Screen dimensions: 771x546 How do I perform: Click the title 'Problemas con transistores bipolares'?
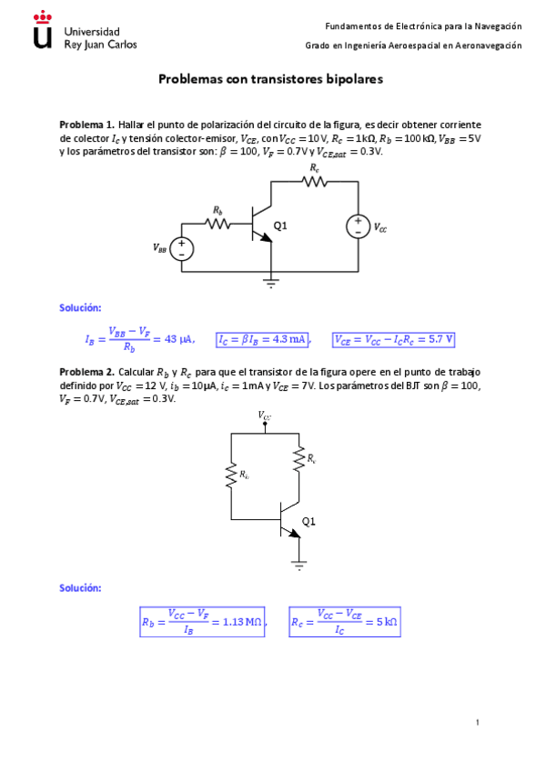click(270, 79)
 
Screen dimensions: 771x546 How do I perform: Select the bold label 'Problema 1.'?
click(86, 125)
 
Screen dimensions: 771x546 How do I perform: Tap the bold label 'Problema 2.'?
click(86, 373)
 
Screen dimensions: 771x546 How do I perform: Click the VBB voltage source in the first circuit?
click(182, 247)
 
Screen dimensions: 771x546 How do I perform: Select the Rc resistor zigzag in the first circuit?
click(315, 182)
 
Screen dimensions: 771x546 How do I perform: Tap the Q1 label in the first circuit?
click(280, 225)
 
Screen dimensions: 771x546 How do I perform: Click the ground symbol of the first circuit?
click(270, 283)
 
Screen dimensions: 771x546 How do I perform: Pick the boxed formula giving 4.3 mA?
click(262, 340)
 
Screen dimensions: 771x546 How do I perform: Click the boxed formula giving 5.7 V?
click(394, 340)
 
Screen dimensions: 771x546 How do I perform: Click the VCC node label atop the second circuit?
click(264, 416)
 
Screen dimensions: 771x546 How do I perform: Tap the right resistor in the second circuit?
click(298, 459)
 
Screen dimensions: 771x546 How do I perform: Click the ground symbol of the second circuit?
click(298, 565)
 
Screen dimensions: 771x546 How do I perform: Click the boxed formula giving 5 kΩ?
click(345, 623)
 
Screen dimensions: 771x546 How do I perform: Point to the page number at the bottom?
click(477, 722)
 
